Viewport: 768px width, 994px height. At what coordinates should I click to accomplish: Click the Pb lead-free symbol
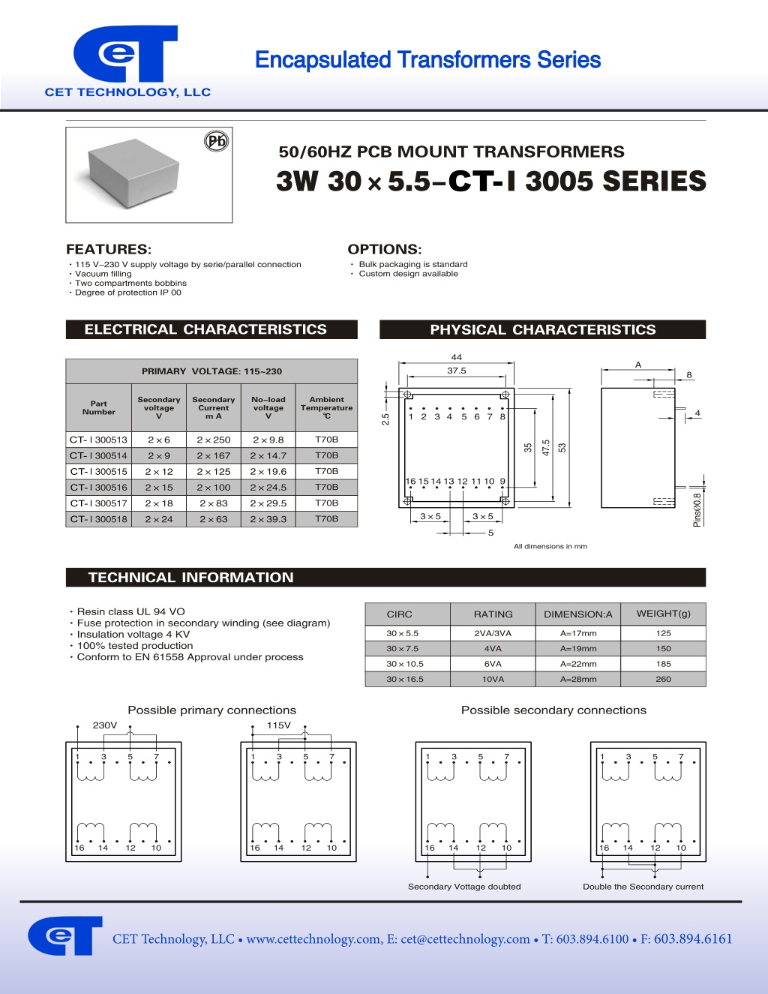click(216, 141)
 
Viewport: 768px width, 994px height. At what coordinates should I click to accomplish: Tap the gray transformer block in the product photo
click(133, 173)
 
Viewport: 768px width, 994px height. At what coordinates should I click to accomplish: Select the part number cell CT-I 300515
click(99, 471)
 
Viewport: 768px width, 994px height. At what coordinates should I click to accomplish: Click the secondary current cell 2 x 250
click(214, 440)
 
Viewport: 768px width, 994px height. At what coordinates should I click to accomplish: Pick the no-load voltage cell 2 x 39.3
click(268, 519)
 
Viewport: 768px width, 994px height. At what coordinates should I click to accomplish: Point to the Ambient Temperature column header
click(326, 407)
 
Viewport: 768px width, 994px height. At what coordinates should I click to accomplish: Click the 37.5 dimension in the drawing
click(456, 371)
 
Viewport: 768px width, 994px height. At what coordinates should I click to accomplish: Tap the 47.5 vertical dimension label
click(546, 448)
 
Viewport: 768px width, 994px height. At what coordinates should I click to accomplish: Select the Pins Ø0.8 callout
click(697, 509)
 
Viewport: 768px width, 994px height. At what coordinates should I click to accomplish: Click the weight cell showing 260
click(663, 679)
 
